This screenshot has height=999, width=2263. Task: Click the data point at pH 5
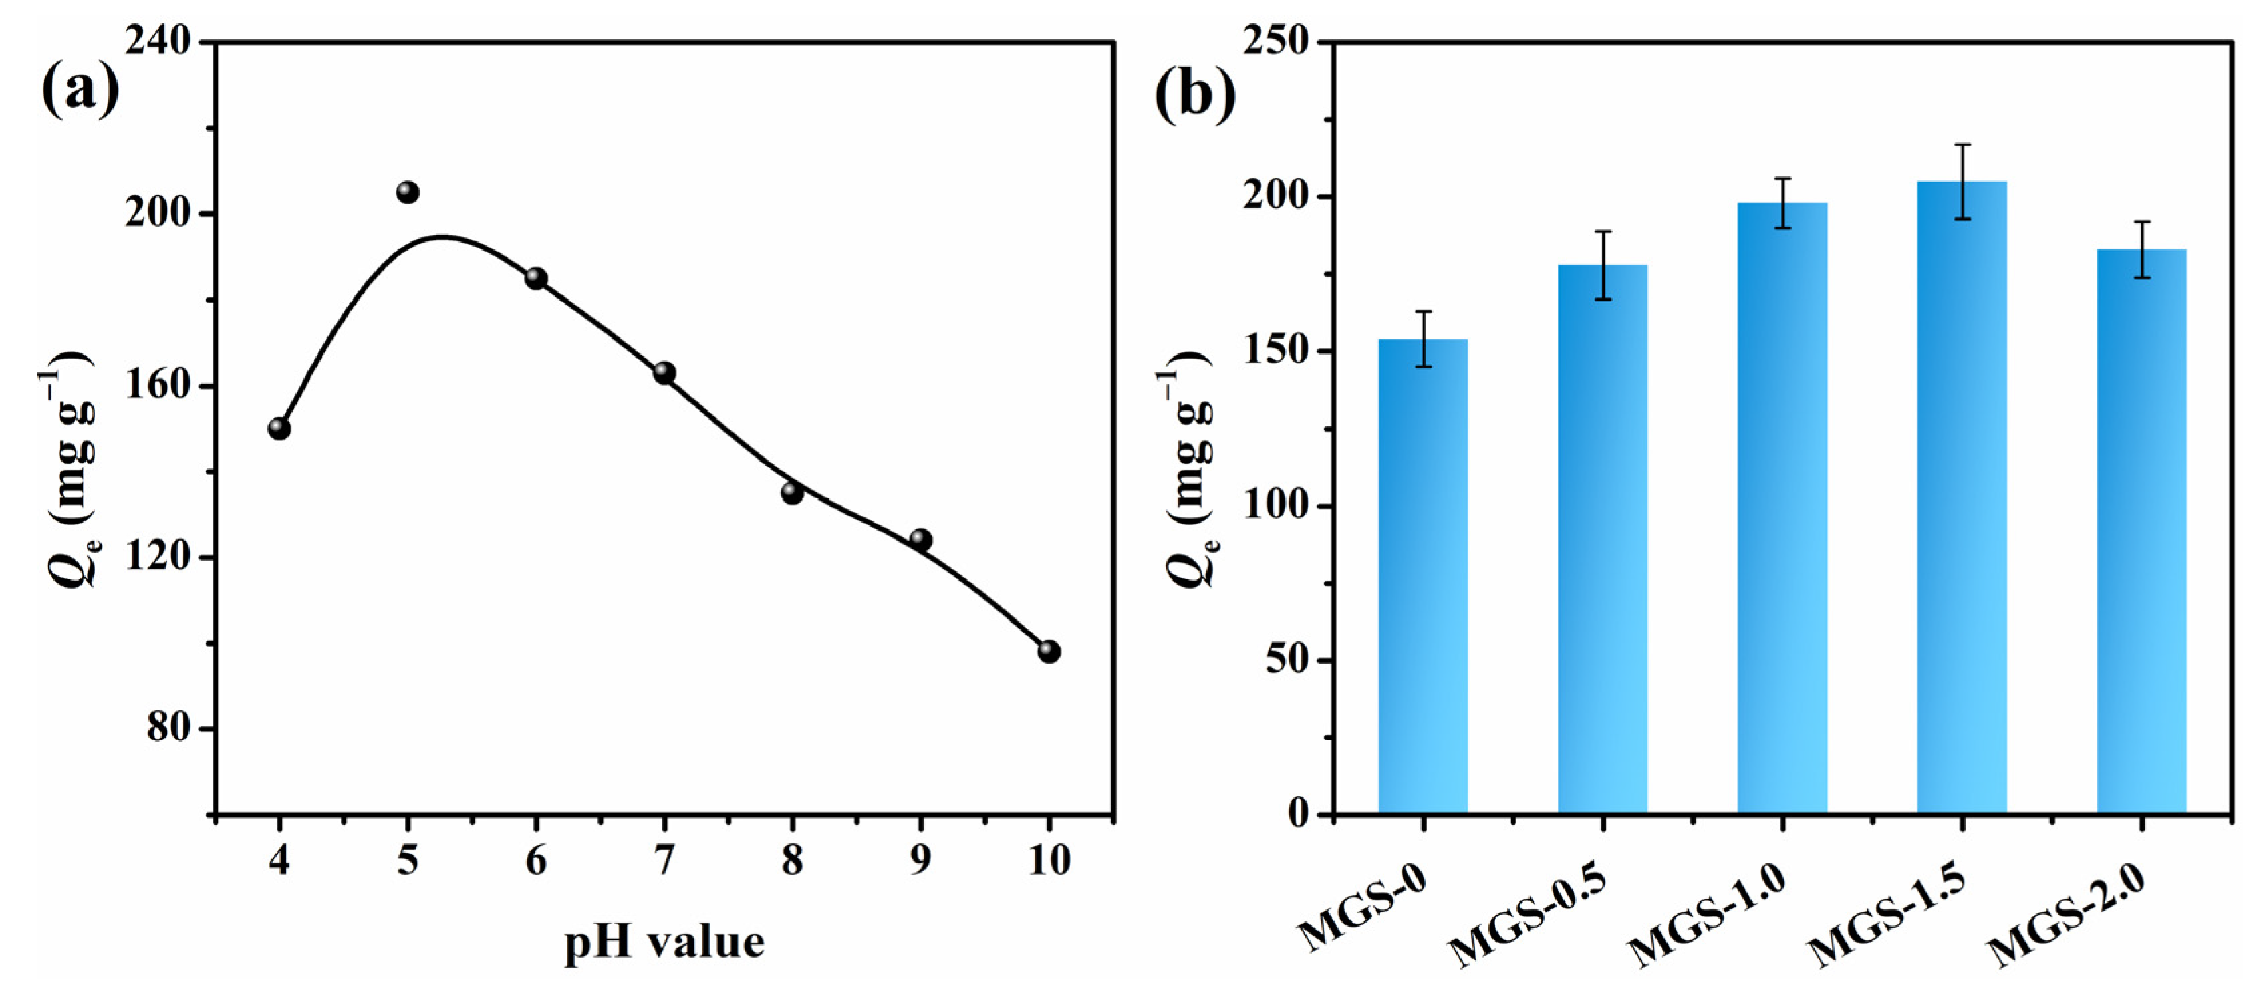pos(408,192)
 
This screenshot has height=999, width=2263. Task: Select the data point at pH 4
pos(279,429)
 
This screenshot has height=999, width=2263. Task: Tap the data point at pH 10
pos(1049,652)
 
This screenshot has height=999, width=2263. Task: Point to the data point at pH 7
pos(664,373)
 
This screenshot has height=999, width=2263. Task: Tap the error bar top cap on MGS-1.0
pos(1782,179)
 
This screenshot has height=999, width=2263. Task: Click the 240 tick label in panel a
pos(158,41)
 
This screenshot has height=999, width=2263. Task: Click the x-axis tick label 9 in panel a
pos(920,859)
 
